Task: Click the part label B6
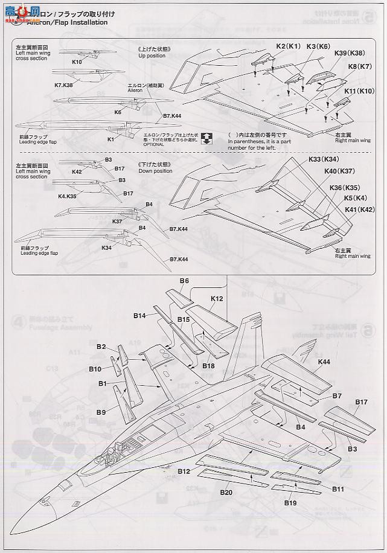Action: click(x=184, y=281)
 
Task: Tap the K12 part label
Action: click(x=217, y=298)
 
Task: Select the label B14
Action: click(x=141, y=315)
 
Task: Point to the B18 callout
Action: click(x=208, y=366)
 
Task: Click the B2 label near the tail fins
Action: click(x=101, y=347)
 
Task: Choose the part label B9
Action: click(x=101, y=412)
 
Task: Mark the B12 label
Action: click(x=184, y=470)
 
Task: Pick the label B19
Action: click(x=290, y=502)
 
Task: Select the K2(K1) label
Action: click(x=289, y=46)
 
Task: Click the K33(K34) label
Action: click(x=324, y=159)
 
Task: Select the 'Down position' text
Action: click(x=155, y=171)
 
